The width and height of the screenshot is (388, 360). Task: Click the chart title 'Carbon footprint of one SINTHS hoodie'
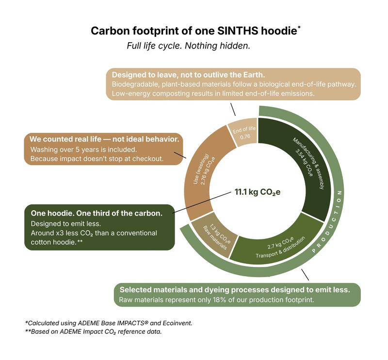[194, 31]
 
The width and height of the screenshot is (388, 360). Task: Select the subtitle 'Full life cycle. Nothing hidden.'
[189, 46]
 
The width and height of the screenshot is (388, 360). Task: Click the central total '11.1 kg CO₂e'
[258, 192]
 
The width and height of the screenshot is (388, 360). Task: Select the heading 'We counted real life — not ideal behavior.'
[104, 139]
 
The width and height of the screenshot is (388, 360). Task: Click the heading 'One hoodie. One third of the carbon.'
[97, 213]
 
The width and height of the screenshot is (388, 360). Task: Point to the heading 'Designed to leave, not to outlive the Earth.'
[188, 75]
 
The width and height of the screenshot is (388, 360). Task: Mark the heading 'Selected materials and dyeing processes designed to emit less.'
[235, 290]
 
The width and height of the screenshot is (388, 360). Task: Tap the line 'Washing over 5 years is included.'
[83, 150]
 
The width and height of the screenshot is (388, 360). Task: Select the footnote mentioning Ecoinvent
[109, 323]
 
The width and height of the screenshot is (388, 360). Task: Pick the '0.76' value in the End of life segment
[245, 137]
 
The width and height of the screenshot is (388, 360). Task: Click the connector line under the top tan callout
[233, 110]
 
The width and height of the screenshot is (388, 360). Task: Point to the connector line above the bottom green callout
[305, 275]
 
